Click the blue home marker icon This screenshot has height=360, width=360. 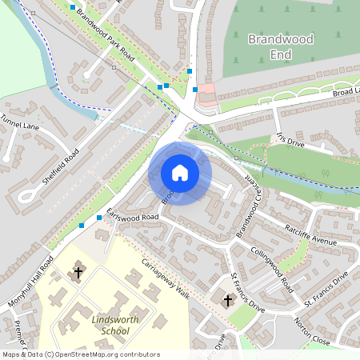(x=180, y=172)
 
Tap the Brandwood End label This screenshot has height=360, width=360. (x=269, y=46)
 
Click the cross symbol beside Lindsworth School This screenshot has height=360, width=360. (x=78, y=272)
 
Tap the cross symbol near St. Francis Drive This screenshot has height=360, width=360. (x=228, y=301)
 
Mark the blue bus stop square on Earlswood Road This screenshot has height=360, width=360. (x=99, y=217)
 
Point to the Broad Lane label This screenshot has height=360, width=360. (x=346, y=92)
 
